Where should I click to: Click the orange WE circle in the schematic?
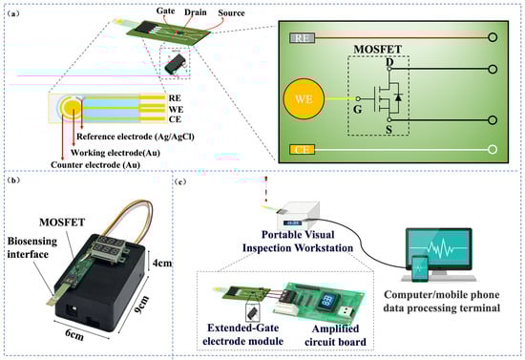click(304, 99)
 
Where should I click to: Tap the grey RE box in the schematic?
click(302, 38)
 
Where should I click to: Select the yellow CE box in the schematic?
click(302, 149)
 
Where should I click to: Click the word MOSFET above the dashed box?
click(378, 50)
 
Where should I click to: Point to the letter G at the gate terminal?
click(358, 109)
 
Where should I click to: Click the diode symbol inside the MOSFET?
click(398, 97)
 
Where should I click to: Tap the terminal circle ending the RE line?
click(493, 37)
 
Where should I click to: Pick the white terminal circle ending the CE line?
click(493, 149)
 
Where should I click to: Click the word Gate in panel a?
click(166, 11)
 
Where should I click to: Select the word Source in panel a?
click(231, 13)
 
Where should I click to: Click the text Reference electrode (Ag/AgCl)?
click(136, 137)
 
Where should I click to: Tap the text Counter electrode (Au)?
click(95, 165)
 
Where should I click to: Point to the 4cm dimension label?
click(162, 263)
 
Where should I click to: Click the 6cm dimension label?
click(74, 334)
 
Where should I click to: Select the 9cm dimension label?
click(141, 305)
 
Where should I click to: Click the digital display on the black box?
click(108, 246)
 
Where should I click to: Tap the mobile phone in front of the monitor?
click(420, 269)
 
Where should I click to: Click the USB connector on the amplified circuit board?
click(346, 311)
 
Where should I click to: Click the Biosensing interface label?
click(32, 247)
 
